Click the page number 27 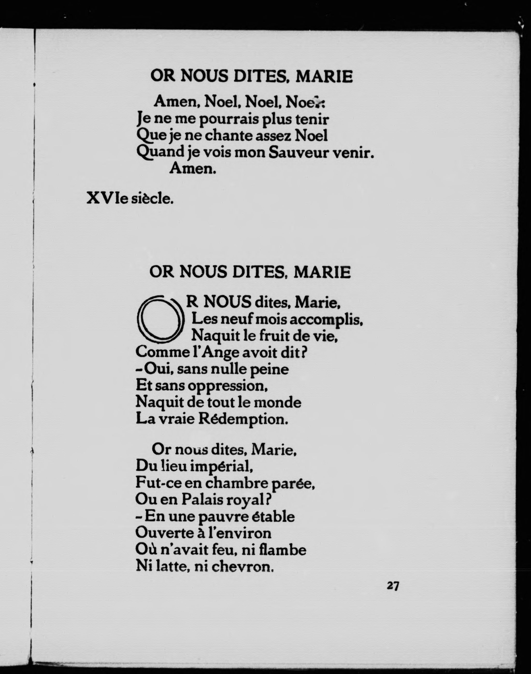393,586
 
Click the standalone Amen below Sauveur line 193,169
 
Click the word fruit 263,336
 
